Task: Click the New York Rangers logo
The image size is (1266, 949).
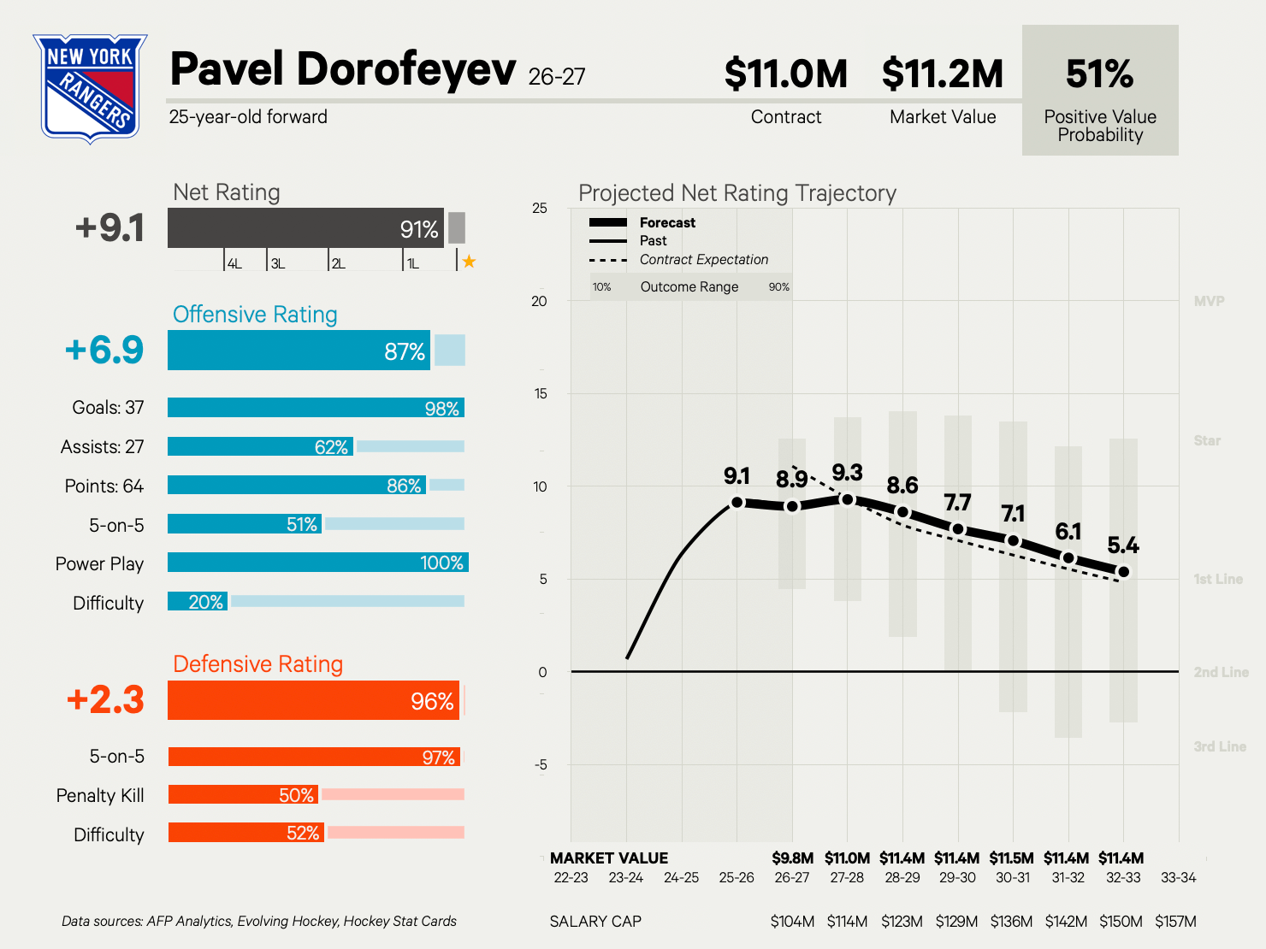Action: [90, 88]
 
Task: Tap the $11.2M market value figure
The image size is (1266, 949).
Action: [943, 74]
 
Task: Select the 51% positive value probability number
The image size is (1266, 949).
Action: [1099, 74]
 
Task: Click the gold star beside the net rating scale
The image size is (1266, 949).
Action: [469, 262]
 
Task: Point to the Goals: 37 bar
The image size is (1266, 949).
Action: [316, 407]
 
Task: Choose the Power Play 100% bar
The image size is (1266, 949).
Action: [318, 563]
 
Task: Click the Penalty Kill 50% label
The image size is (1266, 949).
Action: [297, 795]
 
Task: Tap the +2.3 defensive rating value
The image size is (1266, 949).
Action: [105, 699]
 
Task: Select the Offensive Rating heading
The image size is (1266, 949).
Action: [255, 315]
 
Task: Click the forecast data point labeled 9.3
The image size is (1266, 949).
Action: [847, 499]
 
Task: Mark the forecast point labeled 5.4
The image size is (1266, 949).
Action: [1123, 572]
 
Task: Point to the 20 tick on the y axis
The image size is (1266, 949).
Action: [539, 301]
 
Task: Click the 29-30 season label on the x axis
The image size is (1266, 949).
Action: [957, 877]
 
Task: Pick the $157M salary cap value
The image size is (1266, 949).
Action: [1175, 922]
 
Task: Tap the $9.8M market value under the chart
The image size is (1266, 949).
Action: [792, 858]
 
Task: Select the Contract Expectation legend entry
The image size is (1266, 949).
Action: [679, 259]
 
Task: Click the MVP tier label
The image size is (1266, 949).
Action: [1210, 301]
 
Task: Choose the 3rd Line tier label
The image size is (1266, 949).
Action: [1220, 746]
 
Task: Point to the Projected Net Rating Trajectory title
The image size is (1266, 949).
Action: [737, 193]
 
